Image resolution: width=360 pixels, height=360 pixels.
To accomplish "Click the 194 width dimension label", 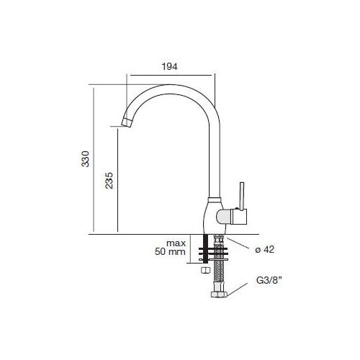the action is [x=170, y=66].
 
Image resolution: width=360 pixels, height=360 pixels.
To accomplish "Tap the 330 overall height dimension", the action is [x=85, y=159].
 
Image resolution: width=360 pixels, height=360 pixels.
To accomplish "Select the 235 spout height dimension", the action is [x=109, y=181].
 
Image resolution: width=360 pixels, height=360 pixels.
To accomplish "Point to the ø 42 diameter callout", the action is [x=264, y=250].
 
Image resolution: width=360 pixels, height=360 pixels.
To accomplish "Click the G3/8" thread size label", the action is [x=269, y=280].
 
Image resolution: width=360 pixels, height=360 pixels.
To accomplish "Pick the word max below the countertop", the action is [x=176, y=243].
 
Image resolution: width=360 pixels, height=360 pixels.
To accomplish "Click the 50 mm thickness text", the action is [x=170, y=252].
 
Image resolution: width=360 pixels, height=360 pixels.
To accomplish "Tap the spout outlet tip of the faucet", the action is [x=127, y=123].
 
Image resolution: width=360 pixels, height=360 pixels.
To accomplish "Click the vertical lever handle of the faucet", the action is [x=242, y=196].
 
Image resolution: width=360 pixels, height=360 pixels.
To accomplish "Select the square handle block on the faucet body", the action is [x=239, y=217].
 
